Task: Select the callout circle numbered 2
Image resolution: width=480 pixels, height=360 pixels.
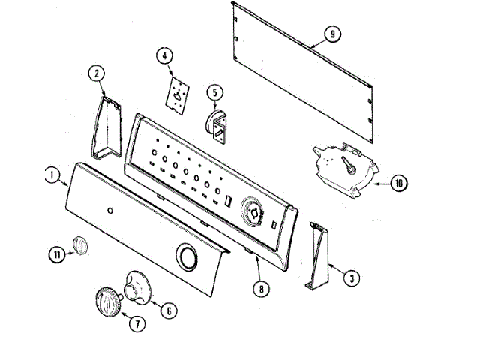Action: pos(97,73)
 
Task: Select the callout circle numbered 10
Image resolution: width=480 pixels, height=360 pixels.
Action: pos(398,182)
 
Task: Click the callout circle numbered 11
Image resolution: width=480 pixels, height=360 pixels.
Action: pos(57,253)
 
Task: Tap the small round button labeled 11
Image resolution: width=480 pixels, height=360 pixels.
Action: pos(79,245)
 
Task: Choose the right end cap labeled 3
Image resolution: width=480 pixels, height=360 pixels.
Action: pos(317,256)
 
